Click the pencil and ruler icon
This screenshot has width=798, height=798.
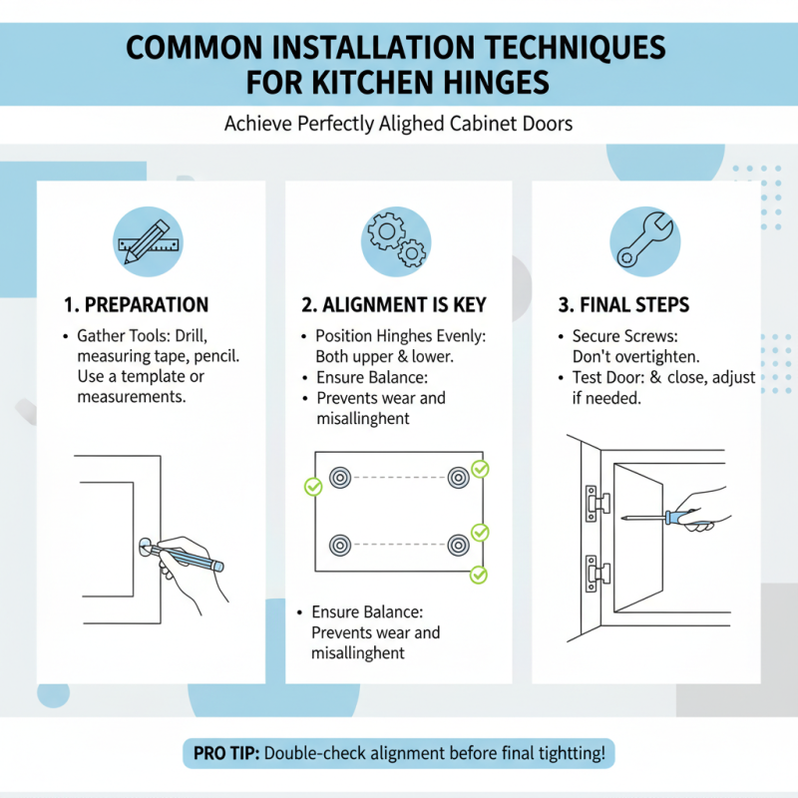point(148,241)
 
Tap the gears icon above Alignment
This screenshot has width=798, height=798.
point(396,241)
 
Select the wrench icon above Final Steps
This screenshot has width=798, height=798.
point(644,241)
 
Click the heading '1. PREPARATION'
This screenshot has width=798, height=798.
point(136,305)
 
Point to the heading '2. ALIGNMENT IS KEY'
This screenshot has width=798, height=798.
point(394,305)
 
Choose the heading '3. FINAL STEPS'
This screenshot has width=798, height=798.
point(623,305)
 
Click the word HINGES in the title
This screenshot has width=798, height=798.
point(496,83)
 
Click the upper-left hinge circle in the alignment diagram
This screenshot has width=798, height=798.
point(340,478)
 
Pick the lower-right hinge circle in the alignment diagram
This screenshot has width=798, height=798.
point(459,545)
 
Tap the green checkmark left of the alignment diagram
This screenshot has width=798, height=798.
point(313,487)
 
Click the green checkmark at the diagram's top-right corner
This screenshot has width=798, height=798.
point(480,469)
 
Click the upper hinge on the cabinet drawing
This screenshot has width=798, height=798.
point(597,504)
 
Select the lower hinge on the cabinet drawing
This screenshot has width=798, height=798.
point(597,574)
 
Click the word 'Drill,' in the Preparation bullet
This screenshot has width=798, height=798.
point(191,336)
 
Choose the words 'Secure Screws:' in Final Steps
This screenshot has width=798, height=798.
point(625,336)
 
